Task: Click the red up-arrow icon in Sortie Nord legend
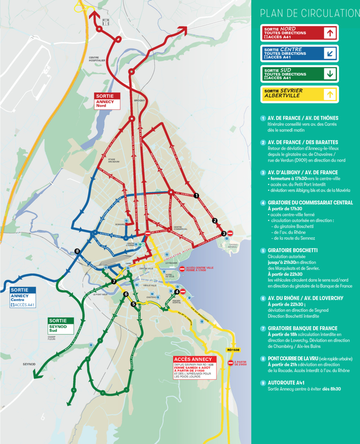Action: tap(330, 33)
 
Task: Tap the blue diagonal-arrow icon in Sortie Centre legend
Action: tap(330, 54)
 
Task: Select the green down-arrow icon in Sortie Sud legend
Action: tap(330, 74)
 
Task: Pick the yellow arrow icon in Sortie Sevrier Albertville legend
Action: tap(330, 95)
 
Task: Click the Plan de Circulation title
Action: tap(309, 13)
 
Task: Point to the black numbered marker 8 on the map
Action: tap(77, 251)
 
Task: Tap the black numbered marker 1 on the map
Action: tap(196, 195)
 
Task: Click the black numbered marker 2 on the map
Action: tap(215, 221)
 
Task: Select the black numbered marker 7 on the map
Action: tap(114, 281)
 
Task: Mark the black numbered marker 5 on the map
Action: tap(133, 304)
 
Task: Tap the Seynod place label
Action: tap(29, 364)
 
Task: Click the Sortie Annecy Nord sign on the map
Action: tap(107, 101)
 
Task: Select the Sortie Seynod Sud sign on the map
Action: tap(61, 326)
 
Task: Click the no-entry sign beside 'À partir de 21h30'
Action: tap(230, 363)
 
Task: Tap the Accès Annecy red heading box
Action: tap(195, 359)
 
